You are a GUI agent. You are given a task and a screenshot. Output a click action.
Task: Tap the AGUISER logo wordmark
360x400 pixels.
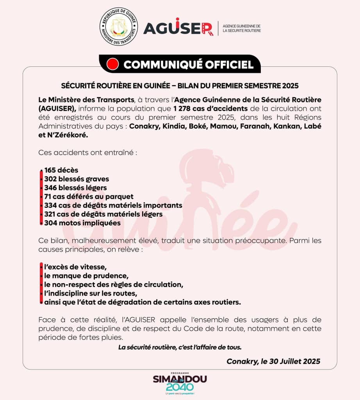click(178, 28)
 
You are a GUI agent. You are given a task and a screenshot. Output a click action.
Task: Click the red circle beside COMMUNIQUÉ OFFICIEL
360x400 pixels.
click(113, 64)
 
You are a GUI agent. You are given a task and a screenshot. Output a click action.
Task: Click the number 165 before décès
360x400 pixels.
click(50, 170)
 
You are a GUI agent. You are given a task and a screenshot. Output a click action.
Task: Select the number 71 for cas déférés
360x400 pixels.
click(48, 196)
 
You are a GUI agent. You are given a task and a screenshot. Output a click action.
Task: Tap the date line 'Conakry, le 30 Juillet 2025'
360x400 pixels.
click(273, 361)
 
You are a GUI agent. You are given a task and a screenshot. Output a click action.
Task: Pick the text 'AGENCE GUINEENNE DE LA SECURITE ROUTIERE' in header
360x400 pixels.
click(241, 28)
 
